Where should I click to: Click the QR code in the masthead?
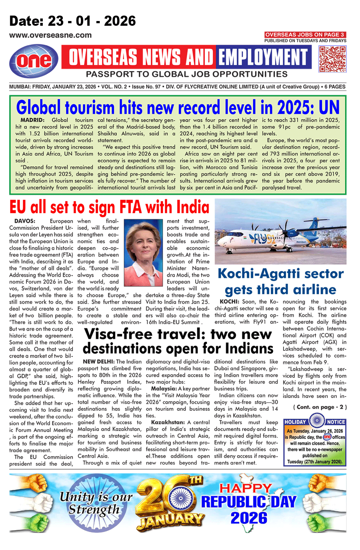[332, 59]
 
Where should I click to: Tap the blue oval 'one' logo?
[34, 61]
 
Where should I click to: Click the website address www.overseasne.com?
[50, 35]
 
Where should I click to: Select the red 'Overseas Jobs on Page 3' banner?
[305, 35]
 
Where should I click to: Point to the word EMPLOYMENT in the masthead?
[263, 57]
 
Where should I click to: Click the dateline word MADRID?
[32, 120]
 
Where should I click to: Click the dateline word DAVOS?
[25, 221]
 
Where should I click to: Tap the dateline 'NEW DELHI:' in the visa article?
[99, 361]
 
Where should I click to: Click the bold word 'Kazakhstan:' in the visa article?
[168, 422]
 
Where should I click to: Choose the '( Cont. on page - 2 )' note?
[320, 407]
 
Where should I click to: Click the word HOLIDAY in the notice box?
[295, 422]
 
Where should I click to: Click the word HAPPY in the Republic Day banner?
[245, 488]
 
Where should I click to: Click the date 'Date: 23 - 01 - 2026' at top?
[73, 21]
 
